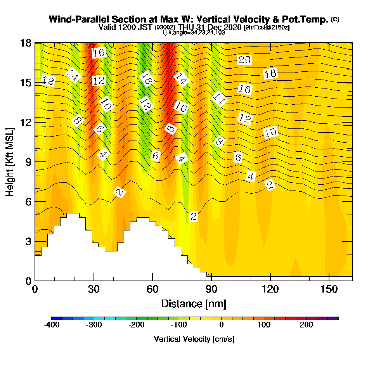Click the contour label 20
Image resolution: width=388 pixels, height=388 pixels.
pos(244,60)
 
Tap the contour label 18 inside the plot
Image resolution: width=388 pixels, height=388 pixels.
pos(270,74)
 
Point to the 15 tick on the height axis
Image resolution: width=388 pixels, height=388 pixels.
pos(26,83)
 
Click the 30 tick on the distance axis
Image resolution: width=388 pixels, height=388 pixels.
pos(94,289)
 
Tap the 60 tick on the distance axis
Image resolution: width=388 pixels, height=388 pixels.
pos(152,289)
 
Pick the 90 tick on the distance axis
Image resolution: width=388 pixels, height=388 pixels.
pos(211,289)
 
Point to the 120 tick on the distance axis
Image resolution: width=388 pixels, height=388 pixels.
pos(270,289)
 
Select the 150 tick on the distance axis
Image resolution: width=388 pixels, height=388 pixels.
pos(329,289)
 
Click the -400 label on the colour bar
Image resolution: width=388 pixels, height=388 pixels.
pos(52,325)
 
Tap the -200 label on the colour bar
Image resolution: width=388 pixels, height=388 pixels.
pos(136,325)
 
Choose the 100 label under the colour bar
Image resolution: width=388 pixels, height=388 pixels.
pos(264,325)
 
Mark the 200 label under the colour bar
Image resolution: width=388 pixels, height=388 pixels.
pos(307,325)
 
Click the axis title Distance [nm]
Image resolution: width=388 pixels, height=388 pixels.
pos(194,304)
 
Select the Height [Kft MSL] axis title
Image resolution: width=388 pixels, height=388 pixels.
pos(10,162)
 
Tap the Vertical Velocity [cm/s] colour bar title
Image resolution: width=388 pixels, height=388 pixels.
pos(194,339)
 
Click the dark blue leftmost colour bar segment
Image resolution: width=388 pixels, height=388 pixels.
pos(57,318)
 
